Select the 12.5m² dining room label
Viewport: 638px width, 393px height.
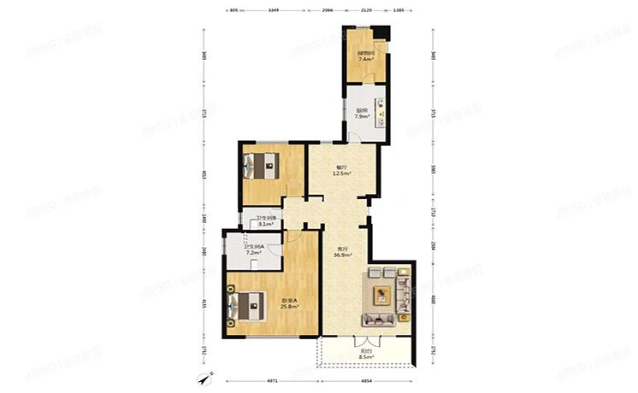[x=342, y=171]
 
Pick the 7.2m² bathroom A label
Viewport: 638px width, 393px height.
[x=253, y=251]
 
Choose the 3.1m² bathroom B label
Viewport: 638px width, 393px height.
[x=264, y=222]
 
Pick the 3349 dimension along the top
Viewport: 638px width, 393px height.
[x=274, y=9]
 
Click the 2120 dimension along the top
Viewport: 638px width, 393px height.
[x=366, y=9]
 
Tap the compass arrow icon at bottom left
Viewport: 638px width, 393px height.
[x=203, y=378]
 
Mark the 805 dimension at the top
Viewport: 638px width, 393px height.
[x=233, y=9]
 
